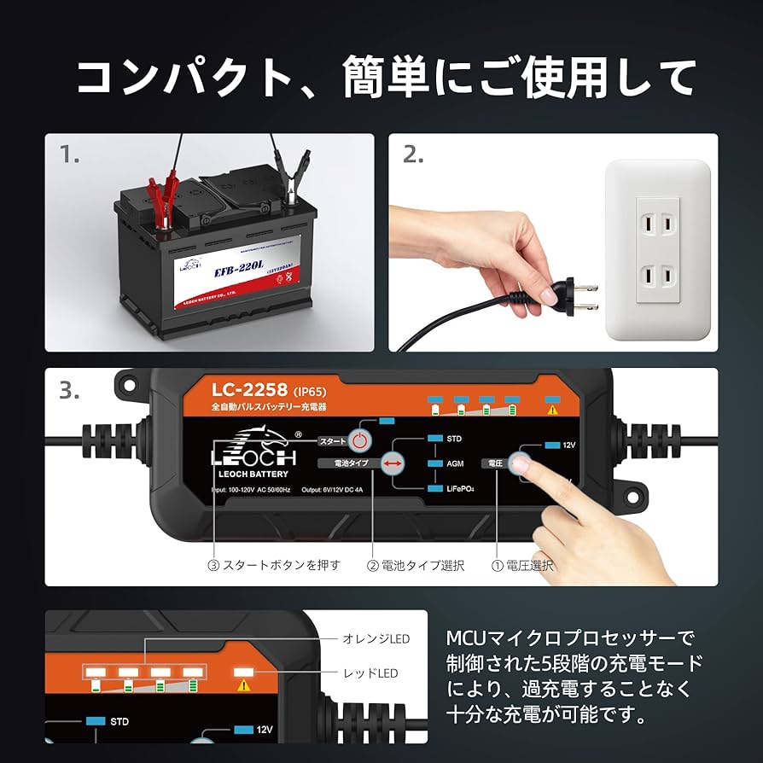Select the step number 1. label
[x=71, y=154]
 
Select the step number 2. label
[x=414, y=154]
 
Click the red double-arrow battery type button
[x=393, y=463]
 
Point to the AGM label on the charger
[x=456, y=463]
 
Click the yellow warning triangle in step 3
[x=552, y=410]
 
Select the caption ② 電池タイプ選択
[x=416, y=565]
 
